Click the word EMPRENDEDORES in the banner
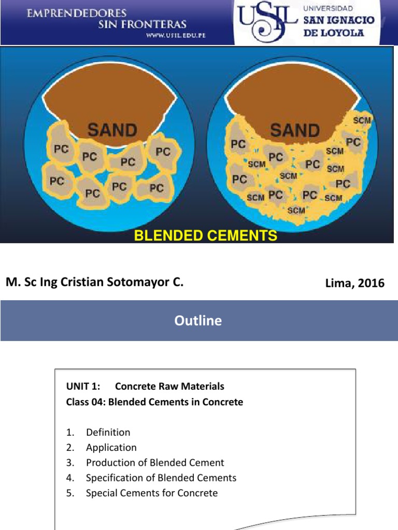pyautogui.click(x=77, y=12)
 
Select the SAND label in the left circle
pyautogui.click(x=112, y=130)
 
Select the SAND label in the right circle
pyautogui.click(x=294, y=130)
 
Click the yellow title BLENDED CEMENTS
pyautogui.click(x=206, y=236)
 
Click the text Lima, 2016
pyautogui.click(x=354, y=283)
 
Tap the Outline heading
pyautogui.click(x=198, y=320)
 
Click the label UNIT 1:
pyautogui.click(x=82, y=386)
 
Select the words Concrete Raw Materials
pyautogui.click(x=169, y=386)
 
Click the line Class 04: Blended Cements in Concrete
pyautogui.click(x=154, y=402)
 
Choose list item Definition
pyautogui.click(x=108, y=432)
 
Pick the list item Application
pyautogui.click(x=111, y=447)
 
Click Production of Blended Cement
pyautogui.click(x=155, y=462)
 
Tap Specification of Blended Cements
pyautogui.click(x=161, y=478)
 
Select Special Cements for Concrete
pyautogui.click(x=152, y=493)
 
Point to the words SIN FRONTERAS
pyautogui.click(x=143, y=24)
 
